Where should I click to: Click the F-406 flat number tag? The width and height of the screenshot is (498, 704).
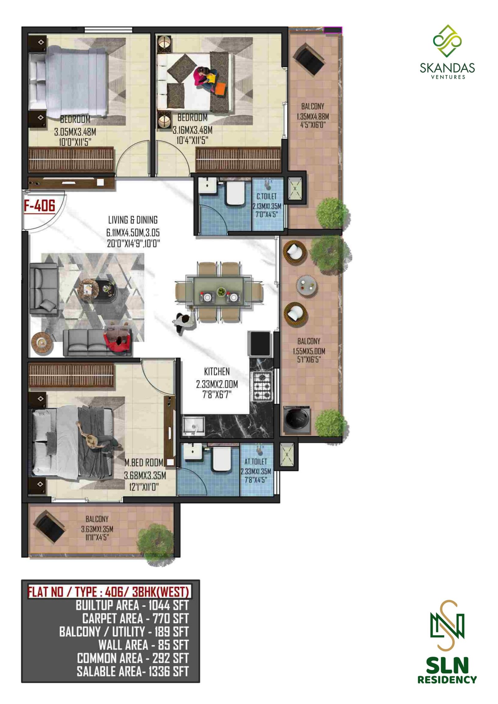point(40,206)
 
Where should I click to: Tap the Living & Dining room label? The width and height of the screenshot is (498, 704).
point(133,220)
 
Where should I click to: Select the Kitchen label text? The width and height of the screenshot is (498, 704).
point(217,371)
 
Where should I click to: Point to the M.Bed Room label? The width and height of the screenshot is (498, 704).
point(144,463)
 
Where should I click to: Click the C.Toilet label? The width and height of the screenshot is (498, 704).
point(266,197)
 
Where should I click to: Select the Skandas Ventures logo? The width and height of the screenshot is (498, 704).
point(447,51)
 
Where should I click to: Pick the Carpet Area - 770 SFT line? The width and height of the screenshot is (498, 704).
point(135,618)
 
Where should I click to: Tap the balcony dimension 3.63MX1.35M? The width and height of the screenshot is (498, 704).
point(97,529)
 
